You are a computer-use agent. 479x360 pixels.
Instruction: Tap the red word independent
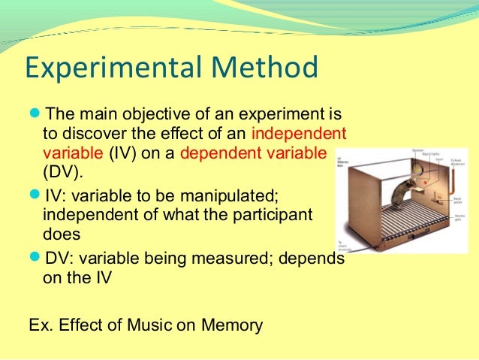[300, 135]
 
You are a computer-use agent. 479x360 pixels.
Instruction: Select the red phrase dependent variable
[254, 153]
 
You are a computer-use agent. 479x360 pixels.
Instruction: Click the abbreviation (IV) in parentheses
[124, 153]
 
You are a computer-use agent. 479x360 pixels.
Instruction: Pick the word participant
[273, 215]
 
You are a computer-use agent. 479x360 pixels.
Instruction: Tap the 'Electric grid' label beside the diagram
[458, 216]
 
